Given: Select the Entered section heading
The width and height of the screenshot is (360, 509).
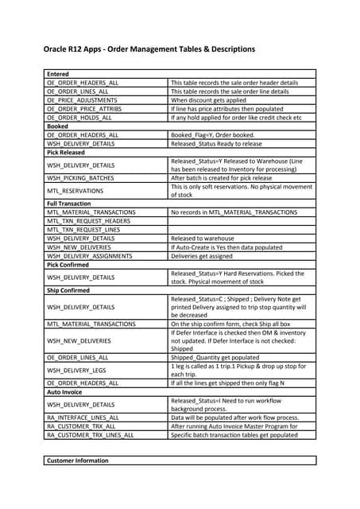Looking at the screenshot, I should [59, 74].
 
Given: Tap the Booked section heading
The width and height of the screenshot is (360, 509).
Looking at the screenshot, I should [58, 126].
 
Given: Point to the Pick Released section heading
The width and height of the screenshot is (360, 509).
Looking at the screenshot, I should [68, 152].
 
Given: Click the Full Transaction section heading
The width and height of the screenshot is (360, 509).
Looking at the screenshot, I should [69, 204].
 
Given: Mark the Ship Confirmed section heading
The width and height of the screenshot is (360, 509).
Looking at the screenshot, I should [69, 289].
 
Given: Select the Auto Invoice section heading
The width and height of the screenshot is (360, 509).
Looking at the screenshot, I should [64, 392].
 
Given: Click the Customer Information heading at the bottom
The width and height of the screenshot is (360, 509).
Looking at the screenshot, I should [78, 460].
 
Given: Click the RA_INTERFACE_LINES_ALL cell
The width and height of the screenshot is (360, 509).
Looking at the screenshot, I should [83, 418].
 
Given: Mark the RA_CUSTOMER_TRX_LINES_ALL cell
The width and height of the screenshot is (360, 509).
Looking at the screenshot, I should [90, 435].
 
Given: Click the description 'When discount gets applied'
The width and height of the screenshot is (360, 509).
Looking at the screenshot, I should [211, 100].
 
